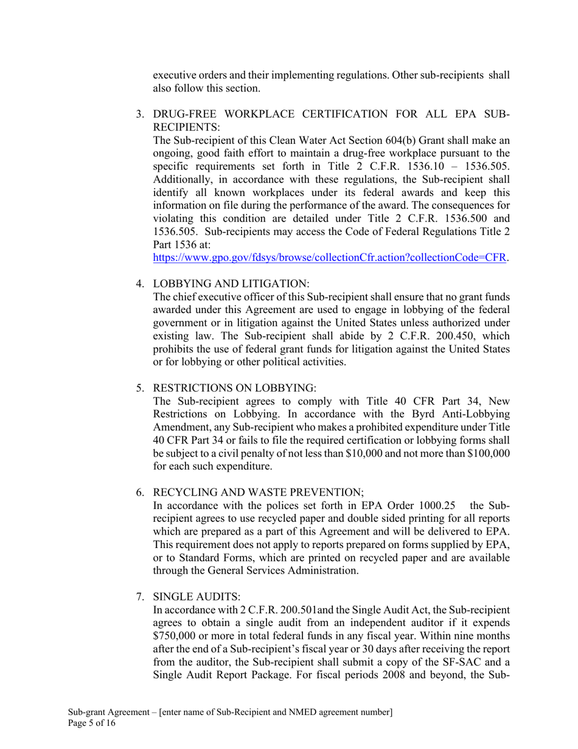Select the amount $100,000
pyautogui.click(x=487, y=454)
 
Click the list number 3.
pyautogui.click(x=139, y=114)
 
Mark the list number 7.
pyautogui.click(x=139, y=596)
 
